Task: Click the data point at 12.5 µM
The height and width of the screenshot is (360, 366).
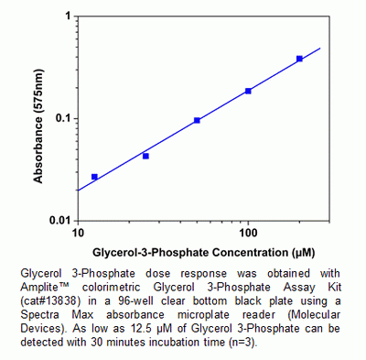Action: pos(94,177)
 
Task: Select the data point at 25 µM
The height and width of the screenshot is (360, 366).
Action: pos(145,156)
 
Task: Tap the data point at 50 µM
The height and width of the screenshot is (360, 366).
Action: pos(197,120)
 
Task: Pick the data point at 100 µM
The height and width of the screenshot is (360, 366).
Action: pos(248,91)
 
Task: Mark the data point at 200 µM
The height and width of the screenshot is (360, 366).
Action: pos(299,59)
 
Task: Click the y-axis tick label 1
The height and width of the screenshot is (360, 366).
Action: pos(67,17)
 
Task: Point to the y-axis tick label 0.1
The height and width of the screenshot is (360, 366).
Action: pos(60,119)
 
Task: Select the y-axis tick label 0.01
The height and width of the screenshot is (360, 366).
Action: pos(58,221)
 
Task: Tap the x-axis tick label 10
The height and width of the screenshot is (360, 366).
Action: pos(78,233)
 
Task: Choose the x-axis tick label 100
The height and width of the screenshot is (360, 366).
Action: pos(248,233)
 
